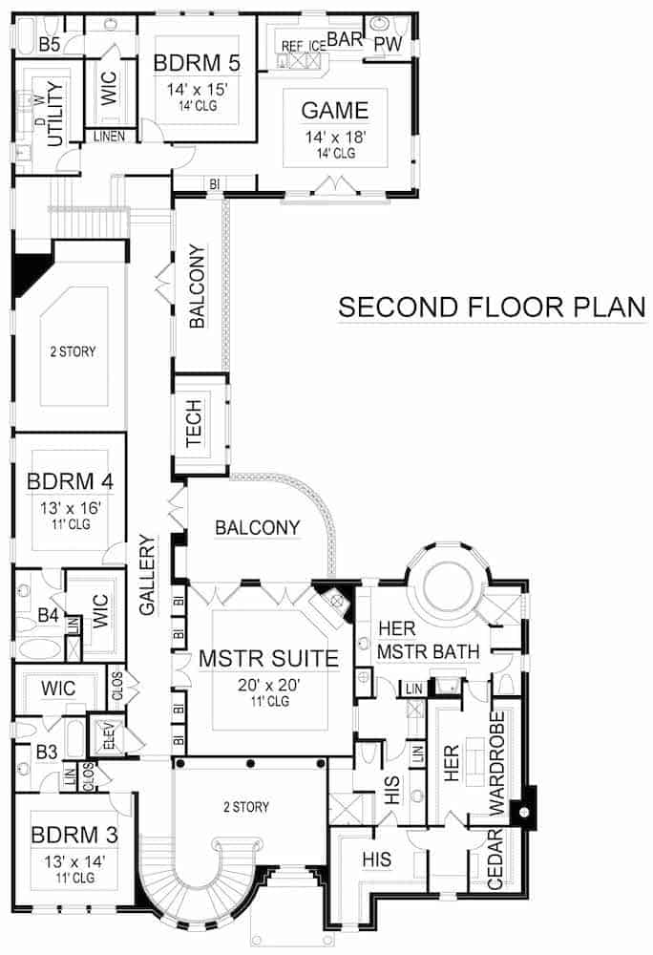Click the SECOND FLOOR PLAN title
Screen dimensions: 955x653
492,308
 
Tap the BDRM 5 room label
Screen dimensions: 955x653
196,64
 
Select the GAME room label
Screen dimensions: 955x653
334,110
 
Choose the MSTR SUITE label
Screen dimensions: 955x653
268,658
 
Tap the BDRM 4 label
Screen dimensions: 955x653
71,481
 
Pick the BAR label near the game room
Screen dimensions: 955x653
344,38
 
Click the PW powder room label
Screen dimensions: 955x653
388,44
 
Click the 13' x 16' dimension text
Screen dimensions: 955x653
71,506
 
